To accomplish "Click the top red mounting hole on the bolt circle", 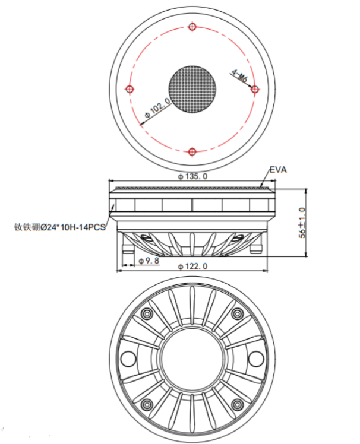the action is click(192, 27).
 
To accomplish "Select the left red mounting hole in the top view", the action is click(130, 90).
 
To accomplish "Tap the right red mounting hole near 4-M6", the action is click(255, 90).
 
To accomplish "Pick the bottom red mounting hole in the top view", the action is click(192, 152).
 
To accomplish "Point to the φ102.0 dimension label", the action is click(157, 107).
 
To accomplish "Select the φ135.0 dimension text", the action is click(192, 176).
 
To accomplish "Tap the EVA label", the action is click(278, 170).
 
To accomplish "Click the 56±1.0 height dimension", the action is click(302, 223).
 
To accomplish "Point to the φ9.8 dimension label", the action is click(149, 261).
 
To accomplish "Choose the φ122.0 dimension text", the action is click(192, 266).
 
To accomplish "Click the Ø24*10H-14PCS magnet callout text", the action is click(60, 227).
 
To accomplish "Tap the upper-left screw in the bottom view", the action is click(147, 314).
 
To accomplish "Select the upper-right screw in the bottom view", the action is click(237, 314).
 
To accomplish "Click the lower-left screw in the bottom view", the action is click(147, 404).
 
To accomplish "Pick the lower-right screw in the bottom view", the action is click(237, 404).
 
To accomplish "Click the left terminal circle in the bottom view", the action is click(128, 359).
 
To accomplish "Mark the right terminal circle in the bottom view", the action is click(256, 359).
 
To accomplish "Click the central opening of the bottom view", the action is click(192, 359).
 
